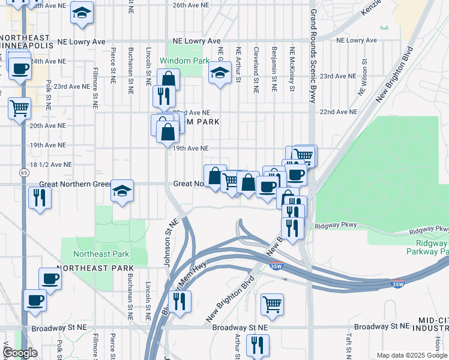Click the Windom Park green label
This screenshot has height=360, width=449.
click(184, 61)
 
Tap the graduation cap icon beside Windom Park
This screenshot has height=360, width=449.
click(220, 73)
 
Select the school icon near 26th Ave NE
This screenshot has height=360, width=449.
click(82, 13)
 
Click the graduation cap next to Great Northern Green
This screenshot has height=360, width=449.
click(122, 191)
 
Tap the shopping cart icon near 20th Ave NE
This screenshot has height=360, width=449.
click(19, 108)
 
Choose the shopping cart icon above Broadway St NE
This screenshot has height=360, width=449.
click(272, 304)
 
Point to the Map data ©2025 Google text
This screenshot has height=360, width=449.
click(412, 355)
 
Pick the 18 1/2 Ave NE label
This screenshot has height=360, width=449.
click(51, 164)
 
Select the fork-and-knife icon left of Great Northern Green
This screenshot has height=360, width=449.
click(40, 197)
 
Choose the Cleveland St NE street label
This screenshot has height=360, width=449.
click(256, 65)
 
